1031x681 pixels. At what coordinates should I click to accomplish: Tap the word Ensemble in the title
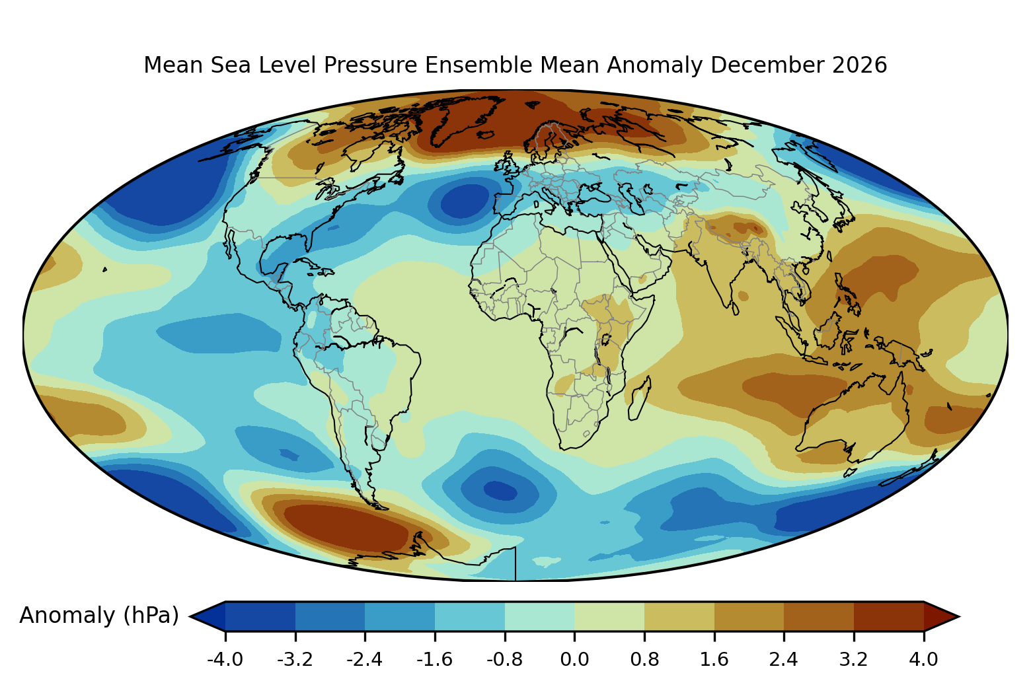(x=478, y=65)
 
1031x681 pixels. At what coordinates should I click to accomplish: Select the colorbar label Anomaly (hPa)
(x=99, y=616)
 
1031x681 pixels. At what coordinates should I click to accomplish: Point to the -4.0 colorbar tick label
(x=225, y=659)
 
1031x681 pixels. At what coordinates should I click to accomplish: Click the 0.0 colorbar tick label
(x=574, y=659)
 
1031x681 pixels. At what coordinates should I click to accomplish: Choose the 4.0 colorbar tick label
(x=923, y=659)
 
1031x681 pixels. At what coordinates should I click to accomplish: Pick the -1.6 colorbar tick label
(x=434, y=659)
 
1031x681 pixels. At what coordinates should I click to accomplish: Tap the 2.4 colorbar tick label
(x=784, y=659)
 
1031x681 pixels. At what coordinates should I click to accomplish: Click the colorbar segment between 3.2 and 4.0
(x=889, y=616)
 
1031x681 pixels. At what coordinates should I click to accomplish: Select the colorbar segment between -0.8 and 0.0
(x=539, y=616)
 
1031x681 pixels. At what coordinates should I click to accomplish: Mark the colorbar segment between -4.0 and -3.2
(x=260, y=616)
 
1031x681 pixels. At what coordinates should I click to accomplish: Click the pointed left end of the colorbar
(x=191, y=616)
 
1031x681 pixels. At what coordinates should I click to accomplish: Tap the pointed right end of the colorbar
(x=958, y=616)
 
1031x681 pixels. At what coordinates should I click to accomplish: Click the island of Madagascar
(x=640, y=398)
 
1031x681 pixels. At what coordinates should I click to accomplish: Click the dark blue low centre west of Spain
(x=465, y=201)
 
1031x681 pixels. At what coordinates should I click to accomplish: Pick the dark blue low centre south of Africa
(x=500, y=491)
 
